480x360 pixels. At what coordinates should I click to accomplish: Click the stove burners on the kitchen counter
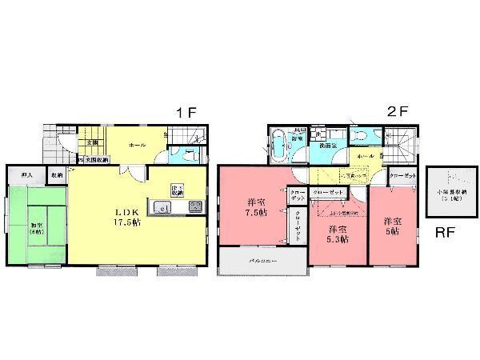click(194, 207)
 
